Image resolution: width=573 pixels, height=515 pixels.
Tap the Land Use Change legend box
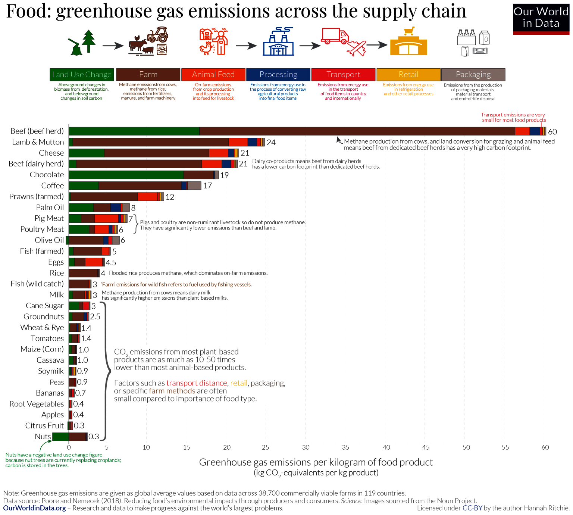pos(82,75)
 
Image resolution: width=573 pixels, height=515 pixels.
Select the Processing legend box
pos(278,75)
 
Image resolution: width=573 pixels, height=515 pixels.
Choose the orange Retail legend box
pos(408,75)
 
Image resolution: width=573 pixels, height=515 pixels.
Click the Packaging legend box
pos(473,75)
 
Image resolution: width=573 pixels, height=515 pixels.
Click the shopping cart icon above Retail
pos(409,31)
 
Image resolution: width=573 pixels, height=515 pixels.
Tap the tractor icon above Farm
pos(158,35)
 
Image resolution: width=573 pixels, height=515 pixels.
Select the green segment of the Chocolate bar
pos(126,175)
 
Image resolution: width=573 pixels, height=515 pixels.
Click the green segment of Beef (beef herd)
pos(134,131)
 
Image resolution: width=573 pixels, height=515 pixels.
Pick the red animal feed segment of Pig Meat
pos(106,218)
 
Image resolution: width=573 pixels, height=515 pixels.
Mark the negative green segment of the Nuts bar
pos(60,437)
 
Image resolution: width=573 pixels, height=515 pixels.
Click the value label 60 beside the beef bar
pos(552,132)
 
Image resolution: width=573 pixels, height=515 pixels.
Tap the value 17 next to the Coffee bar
pos(207,186)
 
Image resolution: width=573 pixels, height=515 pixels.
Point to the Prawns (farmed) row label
pos(37,197)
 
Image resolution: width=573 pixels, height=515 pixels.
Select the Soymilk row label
pos(51,371)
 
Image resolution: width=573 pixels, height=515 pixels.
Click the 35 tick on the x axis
pos(345,447)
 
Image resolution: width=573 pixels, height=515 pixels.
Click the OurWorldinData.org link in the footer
pos(34,508)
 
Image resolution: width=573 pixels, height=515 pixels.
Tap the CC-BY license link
pos(472,508)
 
